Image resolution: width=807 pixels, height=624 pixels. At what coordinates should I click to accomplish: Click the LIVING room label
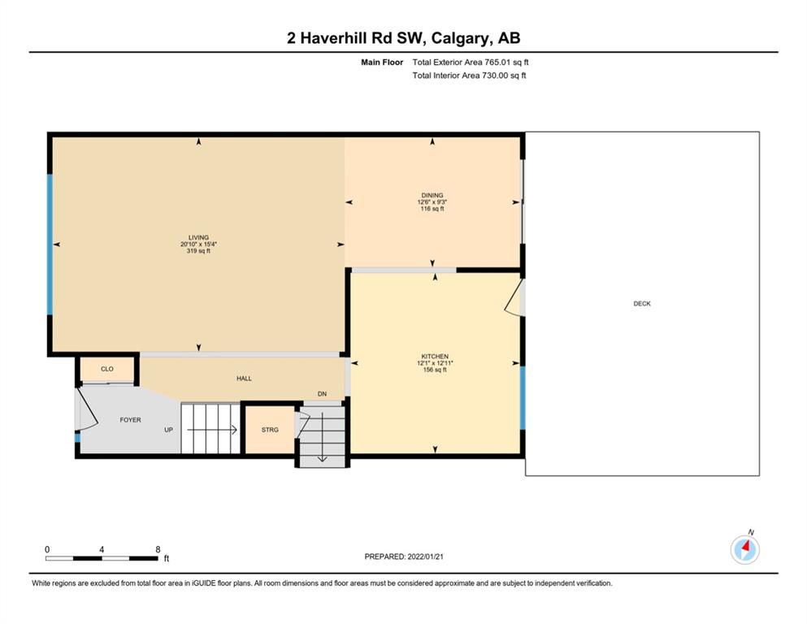click(198, 238)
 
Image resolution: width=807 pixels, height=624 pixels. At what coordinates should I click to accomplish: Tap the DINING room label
click(432, 196)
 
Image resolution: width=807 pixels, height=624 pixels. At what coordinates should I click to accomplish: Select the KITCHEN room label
click(435, 357)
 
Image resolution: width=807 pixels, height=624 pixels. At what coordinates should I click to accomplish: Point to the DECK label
click(642, 304)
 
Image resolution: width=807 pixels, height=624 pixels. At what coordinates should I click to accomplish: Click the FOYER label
click(130, 420)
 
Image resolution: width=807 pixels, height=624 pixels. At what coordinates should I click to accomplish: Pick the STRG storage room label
click(270, 430)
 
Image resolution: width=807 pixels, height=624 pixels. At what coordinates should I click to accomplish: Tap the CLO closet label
click(107, 369)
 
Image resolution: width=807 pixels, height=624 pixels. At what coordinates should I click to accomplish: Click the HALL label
click(244, 378)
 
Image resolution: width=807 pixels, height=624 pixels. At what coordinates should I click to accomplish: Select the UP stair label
click(168, 430)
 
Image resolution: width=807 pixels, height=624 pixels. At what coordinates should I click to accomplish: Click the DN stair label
click(322, 394)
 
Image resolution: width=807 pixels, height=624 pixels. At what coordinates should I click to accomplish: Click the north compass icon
click(744, 548)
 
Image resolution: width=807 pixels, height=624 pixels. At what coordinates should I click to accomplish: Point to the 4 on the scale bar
click(102, 549)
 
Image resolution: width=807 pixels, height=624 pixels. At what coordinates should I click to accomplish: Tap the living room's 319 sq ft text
click(198, 251)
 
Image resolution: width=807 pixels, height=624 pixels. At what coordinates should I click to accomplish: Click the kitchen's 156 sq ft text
click(435, 370)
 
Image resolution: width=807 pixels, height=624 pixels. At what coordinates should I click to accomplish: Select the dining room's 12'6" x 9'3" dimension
click(432, 202)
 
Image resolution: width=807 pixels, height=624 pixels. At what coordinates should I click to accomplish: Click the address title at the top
click(403, 38)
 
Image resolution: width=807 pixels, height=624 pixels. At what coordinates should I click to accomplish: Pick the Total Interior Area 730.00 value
click(469, 75)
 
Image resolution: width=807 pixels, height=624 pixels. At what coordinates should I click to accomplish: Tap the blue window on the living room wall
click(50, 245)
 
